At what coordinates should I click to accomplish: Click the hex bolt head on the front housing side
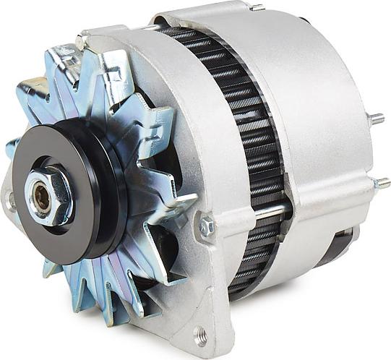(x=207, y=226)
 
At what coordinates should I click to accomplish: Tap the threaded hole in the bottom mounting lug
(x=200, y=335)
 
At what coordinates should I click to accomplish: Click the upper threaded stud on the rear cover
(x=375, y=119)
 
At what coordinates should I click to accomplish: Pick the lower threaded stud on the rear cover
(x=381, y=183)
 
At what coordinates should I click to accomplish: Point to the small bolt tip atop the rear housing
(x=257, y=8)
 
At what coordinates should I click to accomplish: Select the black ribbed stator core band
(x=249, y=145)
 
